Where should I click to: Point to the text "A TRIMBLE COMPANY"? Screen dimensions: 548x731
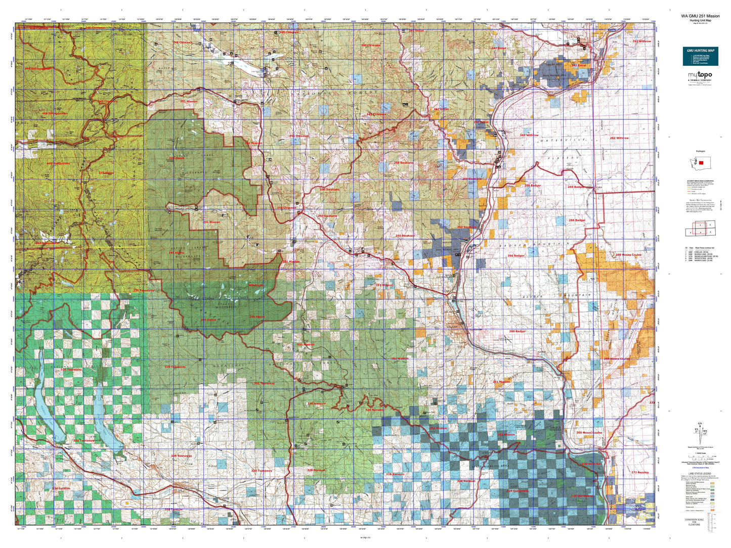coord(700,80)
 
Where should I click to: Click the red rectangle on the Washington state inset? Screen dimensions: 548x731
coord(701,163)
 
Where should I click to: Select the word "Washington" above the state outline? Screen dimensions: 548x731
coord(700,151)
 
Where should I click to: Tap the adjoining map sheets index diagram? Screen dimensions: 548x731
coord(700,229)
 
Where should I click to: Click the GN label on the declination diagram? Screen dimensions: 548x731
coord(700,424)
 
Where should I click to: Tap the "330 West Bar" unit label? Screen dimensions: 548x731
coord(591,464)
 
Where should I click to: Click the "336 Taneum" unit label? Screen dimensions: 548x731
coord(61,488)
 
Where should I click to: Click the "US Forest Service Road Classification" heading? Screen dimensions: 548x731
coord(700,180)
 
